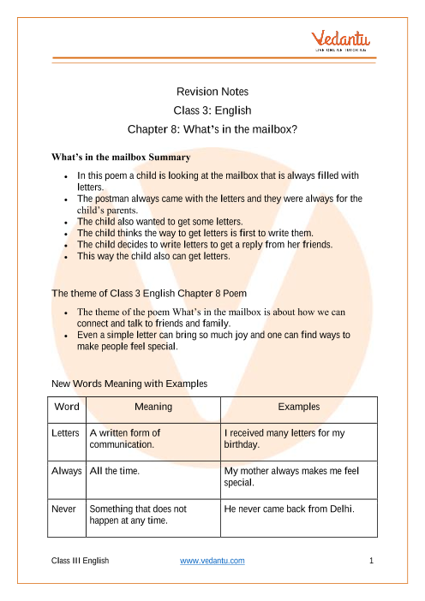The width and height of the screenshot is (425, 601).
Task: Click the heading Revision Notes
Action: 212,92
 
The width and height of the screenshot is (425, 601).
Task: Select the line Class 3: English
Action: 212,110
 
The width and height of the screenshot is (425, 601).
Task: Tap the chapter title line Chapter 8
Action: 212,130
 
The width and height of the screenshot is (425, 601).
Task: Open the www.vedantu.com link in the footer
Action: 212,561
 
